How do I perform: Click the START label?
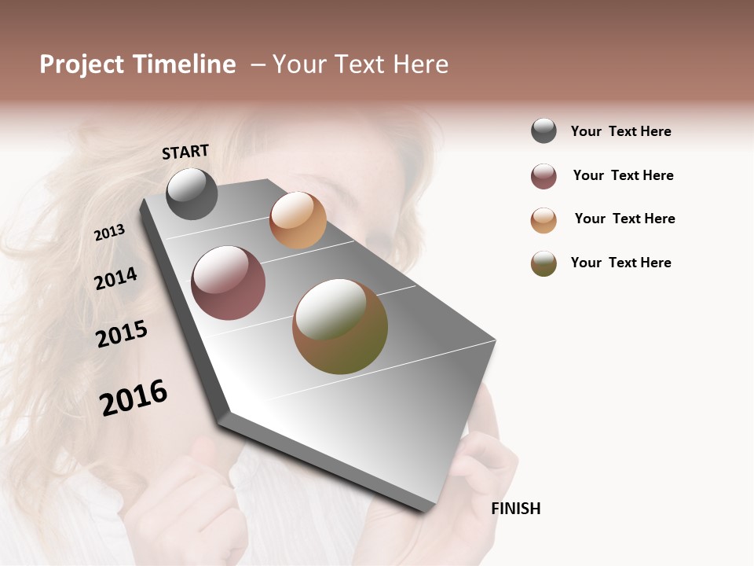[185, 152]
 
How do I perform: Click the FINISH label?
[515, 509]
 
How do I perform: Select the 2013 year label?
[109, 232]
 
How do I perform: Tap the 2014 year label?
[115, 278]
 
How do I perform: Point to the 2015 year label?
[122, 334]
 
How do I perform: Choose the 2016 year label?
[134, 397]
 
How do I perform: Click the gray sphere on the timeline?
[192, 193]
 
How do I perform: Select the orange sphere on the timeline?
[298, 220]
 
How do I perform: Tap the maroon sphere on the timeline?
[228, 283]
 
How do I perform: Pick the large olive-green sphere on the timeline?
[340, 326]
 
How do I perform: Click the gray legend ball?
[544, 130]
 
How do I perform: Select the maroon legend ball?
[544, 176]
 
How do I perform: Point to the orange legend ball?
[544, 220]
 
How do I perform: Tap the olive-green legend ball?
[544, 263]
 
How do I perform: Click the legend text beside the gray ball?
[620, 131]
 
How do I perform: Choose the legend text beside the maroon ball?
[623, 175]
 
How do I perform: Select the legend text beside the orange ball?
[624, 219]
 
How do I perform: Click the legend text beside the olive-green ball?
[620, 263]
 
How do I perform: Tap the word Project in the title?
[82, 64]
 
